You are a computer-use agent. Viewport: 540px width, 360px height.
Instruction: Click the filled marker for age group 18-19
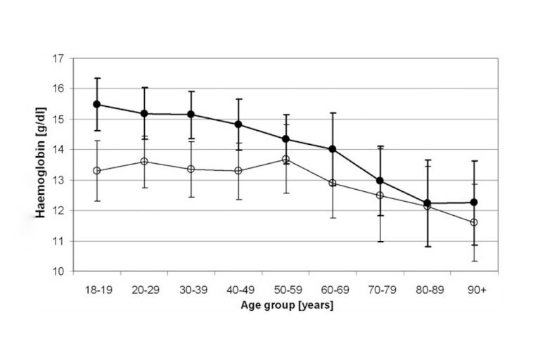click(x=97, y=104)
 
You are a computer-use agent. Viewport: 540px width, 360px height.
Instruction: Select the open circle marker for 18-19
click(x=97, y=171)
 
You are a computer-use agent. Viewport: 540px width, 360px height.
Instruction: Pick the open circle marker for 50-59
click(x=285, y=160)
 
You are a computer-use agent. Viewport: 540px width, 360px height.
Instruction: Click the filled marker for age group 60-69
click(x=333, y=149)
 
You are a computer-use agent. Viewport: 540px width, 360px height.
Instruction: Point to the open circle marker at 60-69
click(x=333, y=183)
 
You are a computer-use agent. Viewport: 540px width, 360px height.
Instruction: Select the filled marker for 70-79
click(x=380, y=181)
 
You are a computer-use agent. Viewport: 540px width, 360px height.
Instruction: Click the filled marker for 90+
click(x=474, y=202)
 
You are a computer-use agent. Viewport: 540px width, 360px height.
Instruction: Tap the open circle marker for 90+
click(x=474, y=222)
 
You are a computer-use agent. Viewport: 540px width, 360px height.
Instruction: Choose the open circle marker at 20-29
click(x=144, y=161)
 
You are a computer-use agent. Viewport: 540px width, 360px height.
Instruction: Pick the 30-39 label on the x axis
click(x=191, y=289)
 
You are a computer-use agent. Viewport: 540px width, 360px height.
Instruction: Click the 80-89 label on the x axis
click(x=427, y=289)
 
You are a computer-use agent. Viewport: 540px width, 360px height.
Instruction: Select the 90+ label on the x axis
click(x=474, y=289)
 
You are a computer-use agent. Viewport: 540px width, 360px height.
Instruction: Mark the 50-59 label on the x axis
click(x=285, y=289)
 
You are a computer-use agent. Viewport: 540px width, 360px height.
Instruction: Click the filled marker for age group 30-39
click(x=191, y=114)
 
